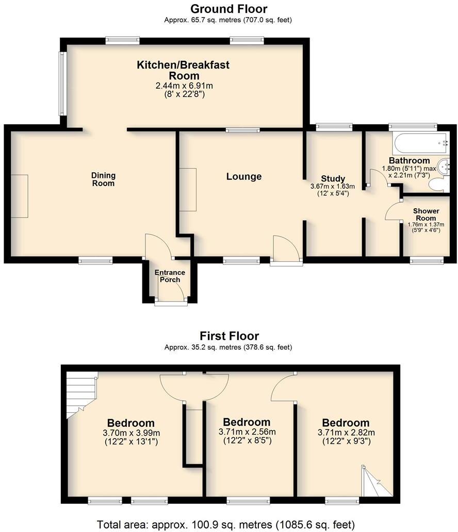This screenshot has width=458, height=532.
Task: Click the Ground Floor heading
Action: (x=228, y=9)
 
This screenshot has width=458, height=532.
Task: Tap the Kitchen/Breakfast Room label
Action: (x=183, y=70)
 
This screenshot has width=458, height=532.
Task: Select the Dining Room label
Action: (x=103, y=179)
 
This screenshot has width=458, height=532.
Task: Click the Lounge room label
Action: (x=244, y=177)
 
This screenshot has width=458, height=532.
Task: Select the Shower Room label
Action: (x=426, y=214)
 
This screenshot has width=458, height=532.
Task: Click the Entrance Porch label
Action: (x=170, y=276)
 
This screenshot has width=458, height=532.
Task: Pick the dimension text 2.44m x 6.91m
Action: (x=184, y=86)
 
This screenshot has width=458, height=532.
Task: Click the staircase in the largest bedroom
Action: (x=80, y=392)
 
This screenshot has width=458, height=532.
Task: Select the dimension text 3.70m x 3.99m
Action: (x=131, y=433)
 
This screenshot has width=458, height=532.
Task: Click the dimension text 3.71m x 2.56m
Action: (x=247, y=432)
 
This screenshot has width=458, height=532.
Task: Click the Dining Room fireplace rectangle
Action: (x=19, y=196)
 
